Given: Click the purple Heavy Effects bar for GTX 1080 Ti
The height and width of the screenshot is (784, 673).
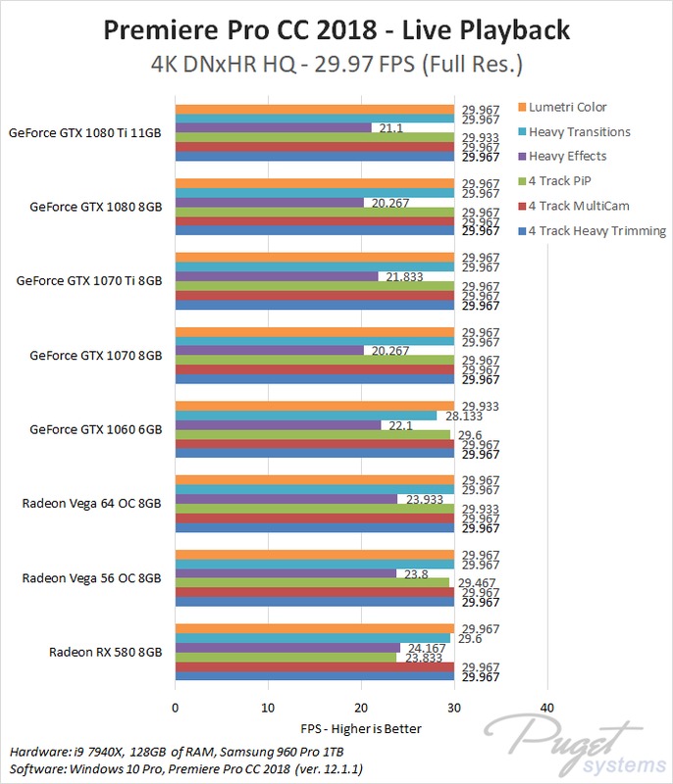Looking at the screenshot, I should [x=273, y=128].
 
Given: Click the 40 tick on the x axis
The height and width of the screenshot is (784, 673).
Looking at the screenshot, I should [x=546, y=707].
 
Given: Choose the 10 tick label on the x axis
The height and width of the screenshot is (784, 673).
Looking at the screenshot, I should [x=268, y=707].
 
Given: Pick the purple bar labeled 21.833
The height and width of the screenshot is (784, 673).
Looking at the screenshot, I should [x=276, y=276].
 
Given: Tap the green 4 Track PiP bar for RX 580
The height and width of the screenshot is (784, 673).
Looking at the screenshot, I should [x=285, y=658].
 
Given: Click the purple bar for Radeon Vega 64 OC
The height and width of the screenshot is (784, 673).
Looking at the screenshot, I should [x=285, y=499].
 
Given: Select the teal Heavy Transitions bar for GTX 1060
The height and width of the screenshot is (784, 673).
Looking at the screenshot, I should [x=305, y=416].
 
